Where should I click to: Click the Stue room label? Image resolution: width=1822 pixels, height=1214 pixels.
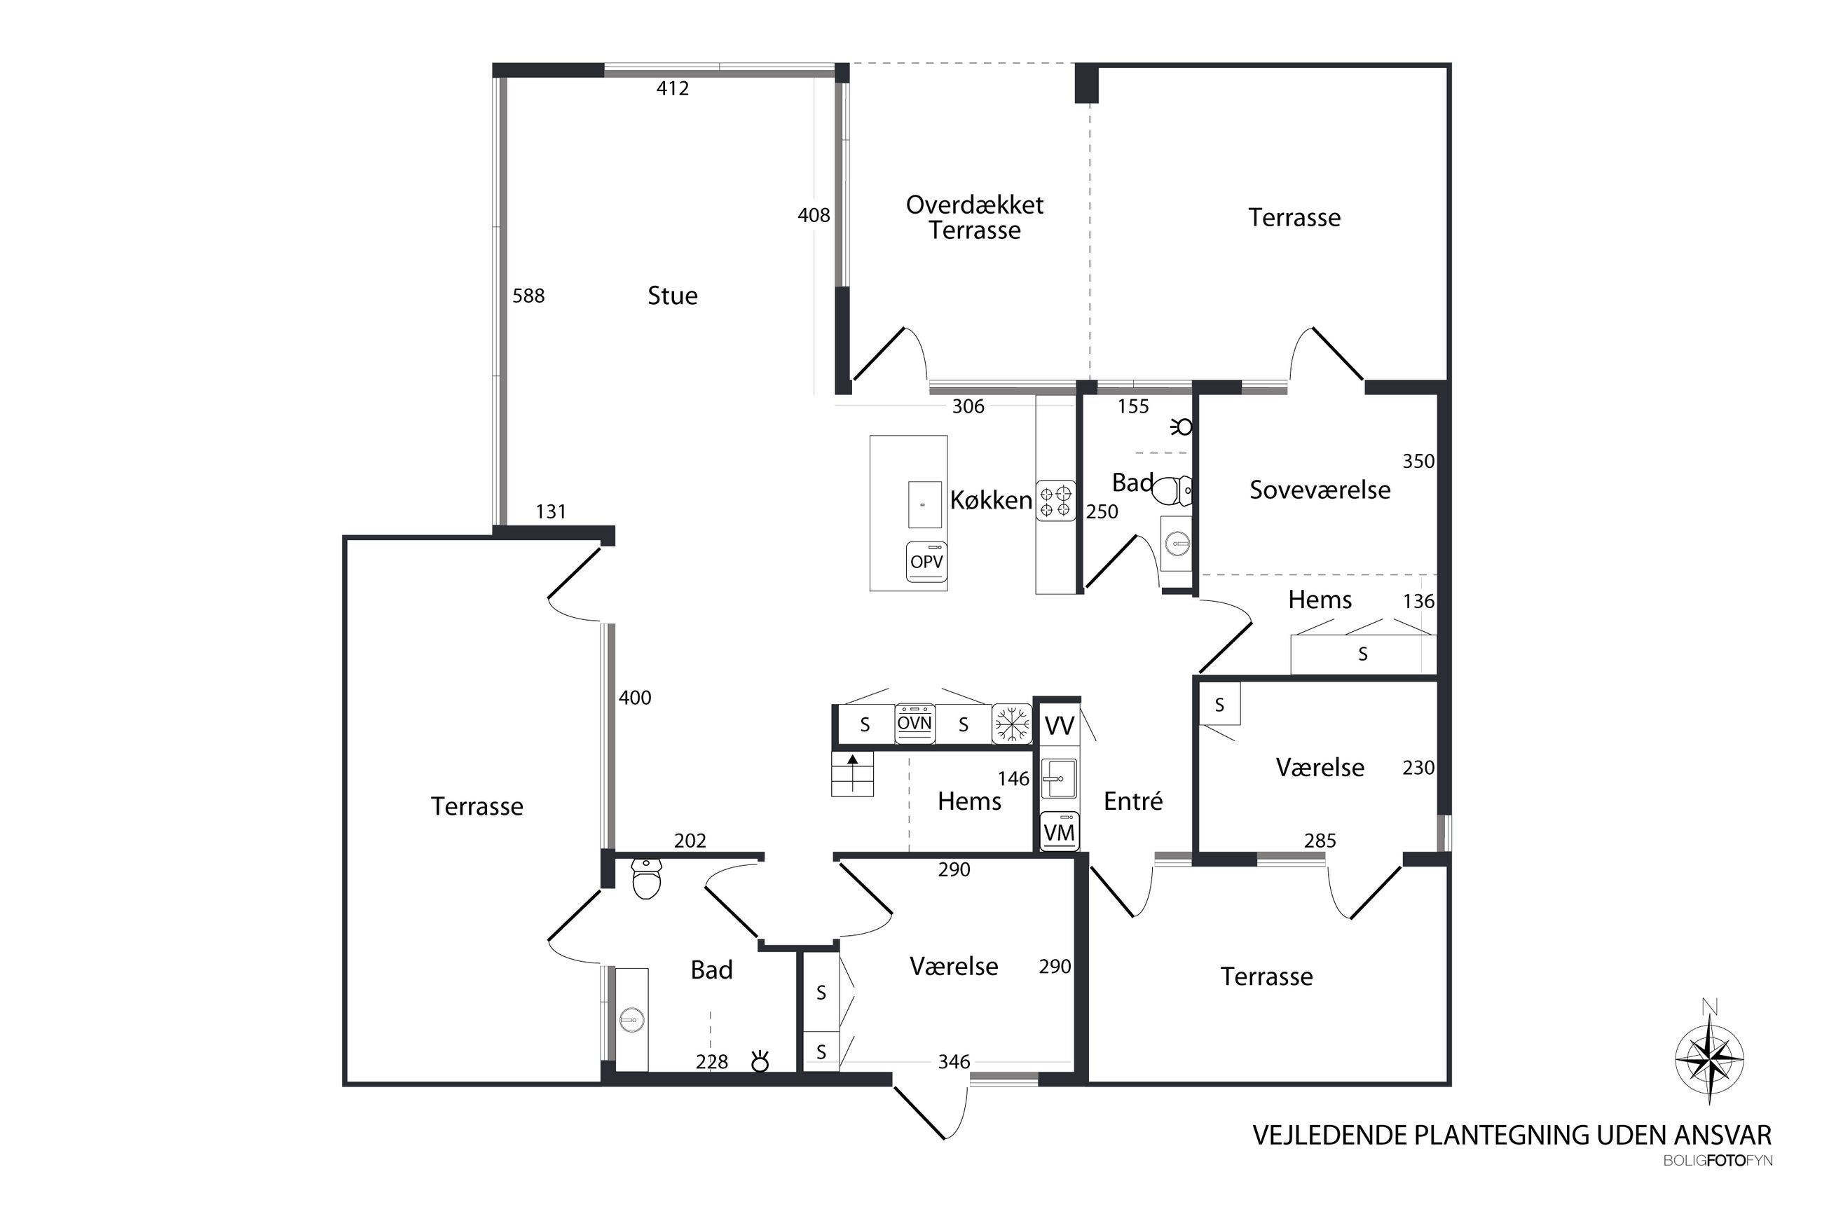click(x=672, y=295)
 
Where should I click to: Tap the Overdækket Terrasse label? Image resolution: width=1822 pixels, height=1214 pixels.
click(x=974, y=218)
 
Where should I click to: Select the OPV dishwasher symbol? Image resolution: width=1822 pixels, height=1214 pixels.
click(x=926, y=561)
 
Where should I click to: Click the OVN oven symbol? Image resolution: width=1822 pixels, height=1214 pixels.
click(x=915, y=723)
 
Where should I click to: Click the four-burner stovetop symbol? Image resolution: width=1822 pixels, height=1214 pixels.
click(x=1055, y=500)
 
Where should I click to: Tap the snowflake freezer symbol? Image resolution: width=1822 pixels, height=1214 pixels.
click(x=1012, y=724)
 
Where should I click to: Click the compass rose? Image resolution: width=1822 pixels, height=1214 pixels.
click(x=1710, y=1059)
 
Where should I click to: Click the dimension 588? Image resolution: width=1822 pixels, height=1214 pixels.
click(x=528, y=296)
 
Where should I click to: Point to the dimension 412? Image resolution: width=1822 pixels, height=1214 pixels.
click(x=672, y=88)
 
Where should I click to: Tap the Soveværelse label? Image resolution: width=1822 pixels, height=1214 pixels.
click(x=1320, y=490)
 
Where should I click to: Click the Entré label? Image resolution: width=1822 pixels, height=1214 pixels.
click(x=1133, y=801)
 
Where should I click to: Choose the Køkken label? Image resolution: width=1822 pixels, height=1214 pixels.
click(x=991, y=500)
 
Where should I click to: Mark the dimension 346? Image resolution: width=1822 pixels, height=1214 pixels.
click(x=953, y=1061)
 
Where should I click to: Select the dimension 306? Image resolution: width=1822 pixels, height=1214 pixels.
click(x=968, y=406)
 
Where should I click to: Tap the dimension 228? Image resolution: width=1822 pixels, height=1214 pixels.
click(x=711, y=1061)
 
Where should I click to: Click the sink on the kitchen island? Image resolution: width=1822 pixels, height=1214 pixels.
click(x=924, y=504)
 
